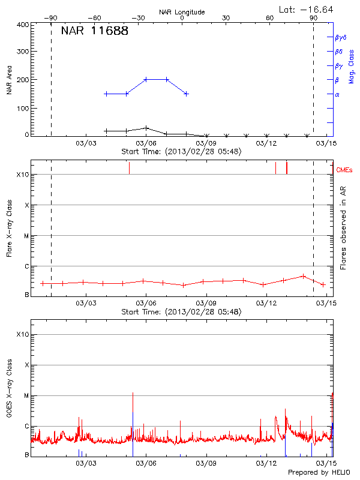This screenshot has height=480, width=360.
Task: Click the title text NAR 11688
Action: click(x=94, y=31)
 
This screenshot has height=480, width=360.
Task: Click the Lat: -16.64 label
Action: click(x=307, y=9)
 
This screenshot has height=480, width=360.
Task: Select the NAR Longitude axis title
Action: click(x=182, y=12)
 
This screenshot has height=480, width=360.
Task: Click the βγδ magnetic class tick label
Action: click(x=340, y=37)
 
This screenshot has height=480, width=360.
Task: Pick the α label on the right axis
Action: click(x=337, y=94)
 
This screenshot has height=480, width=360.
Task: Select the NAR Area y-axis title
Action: click(x=9, y=80)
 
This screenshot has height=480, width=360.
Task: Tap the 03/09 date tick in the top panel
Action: click(x=206, y=143)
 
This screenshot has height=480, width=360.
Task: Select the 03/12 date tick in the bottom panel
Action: click(x=266, y=463)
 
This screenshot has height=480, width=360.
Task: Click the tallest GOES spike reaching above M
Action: click(x=133, y=394)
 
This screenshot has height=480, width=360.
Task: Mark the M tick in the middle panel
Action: click(x=25, y=236)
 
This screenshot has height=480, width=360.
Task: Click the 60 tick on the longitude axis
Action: click(x=270, y=18)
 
